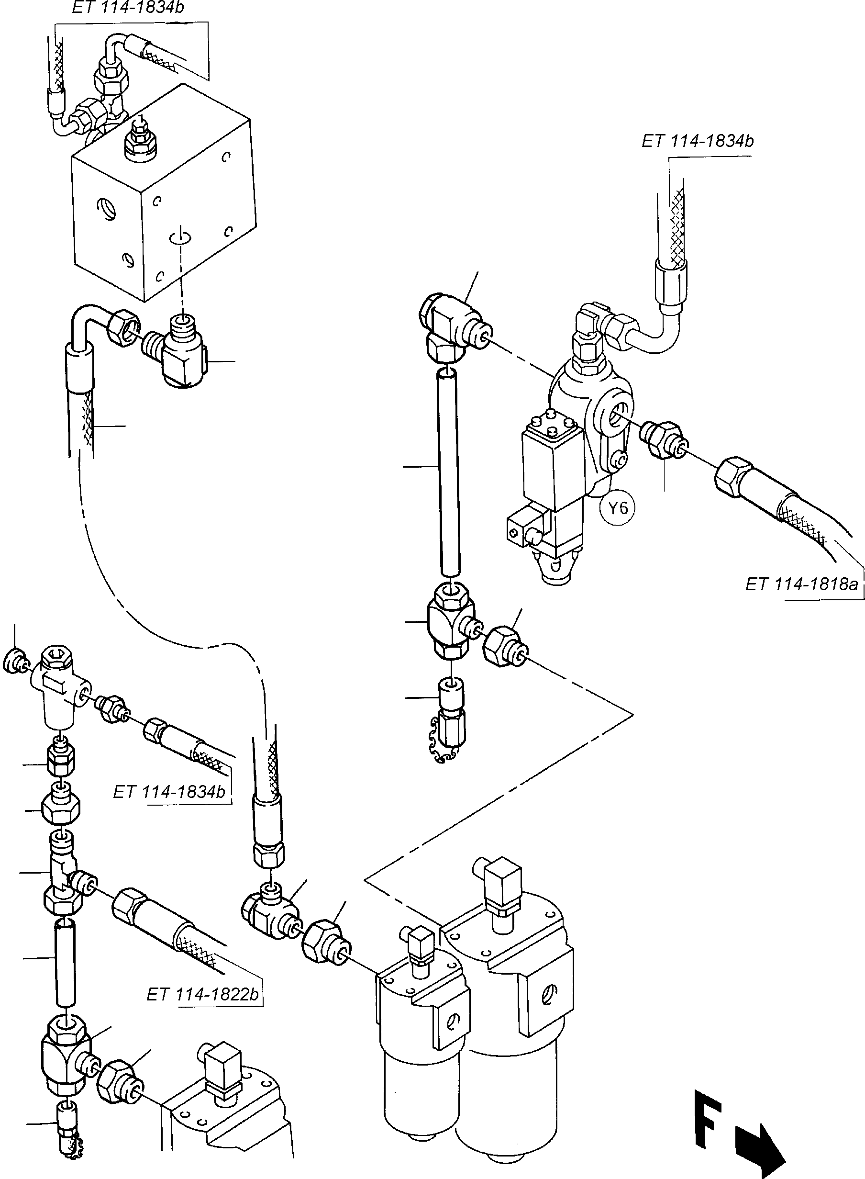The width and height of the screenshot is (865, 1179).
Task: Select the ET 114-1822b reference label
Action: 203,994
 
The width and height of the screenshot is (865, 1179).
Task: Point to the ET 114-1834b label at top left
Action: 128,8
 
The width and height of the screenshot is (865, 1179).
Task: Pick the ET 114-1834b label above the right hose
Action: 698,141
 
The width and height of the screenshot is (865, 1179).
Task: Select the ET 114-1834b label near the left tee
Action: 169,806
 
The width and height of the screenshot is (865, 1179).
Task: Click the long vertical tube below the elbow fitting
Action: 449,472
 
